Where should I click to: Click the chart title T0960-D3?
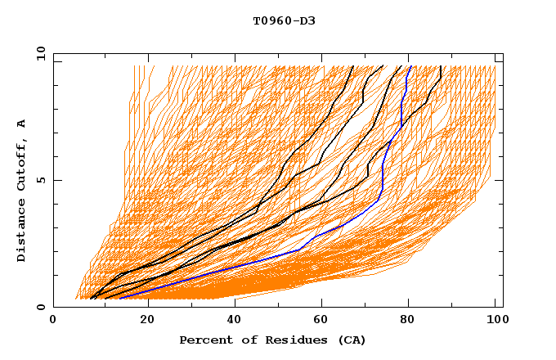(284, 20)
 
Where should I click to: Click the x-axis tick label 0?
(53, 321)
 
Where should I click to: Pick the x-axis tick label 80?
(409, 321)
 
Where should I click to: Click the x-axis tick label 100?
(495, 321)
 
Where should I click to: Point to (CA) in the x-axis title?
(352, 340)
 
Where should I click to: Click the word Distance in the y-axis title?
(22, 233)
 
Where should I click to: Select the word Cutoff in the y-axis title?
(22, 163)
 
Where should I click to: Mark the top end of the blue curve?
(410, 66)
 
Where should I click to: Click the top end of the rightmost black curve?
(441, 66)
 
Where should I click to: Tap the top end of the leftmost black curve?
(352, 66)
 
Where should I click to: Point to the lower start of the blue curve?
(119, 299)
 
